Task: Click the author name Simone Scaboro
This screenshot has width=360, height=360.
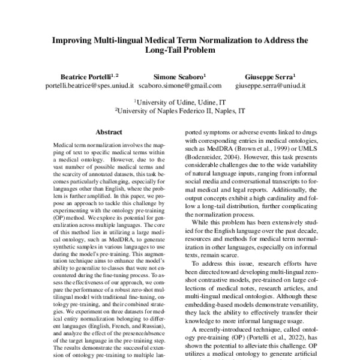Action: tap(180, 77)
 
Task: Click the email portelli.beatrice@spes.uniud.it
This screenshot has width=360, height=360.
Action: tap(89, 86)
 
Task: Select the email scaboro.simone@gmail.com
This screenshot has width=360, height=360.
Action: tap(180, 86)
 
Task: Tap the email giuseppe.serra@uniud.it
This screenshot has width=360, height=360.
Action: tap(270, 86)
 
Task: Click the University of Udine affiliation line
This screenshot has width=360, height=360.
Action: tap(180, 103)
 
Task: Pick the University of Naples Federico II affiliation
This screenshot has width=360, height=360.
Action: tap(180, 111)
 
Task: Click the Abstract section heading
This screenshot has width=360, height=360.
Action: tap(109, 132)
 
